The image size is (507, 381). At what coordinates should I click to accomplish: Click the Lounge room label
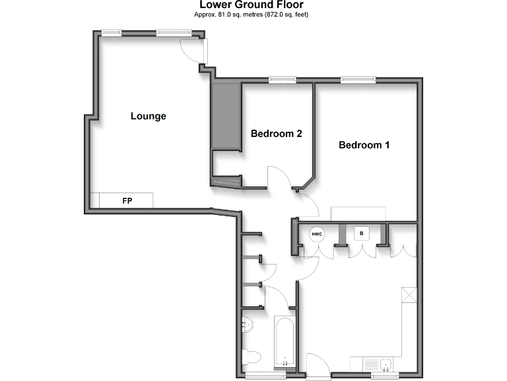pyautogui.click(x=149, y=116)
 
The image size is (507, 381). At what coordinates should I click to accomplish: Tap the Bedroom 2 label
pyautogui.click(x=276, y=134)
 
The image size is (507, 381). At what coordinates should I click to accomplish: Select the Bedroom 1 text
pyautogui.click(x=364, y=145)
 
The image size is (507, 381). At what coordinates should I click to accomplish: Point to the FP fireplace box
pyautogui.click(x=127, y=200)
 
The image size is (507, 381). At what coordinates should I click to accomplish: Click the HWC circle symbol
pyautogui.click(x=317, y=233)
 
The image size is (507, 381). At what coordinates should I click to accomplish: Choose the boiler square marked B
pyautogui.click(x=361, y=233)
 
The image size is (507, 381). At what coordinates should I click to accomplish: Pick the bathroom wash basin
pyautogui.click(x=248, y=324)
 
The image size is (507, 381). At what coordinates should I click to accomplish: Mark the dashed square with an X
pyautogui.click(x=409, y=295)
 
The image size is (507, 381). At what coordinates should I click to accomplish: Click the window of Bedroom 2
pyautogui.click(x=282, y=80)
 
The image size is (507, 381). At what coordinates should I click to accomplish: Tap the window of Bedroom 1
pyautogui.click(x=358, y=80)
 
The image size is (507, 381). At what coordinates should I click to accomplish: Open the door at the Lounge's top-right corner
pyautogui.click(x=195, y=50)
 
